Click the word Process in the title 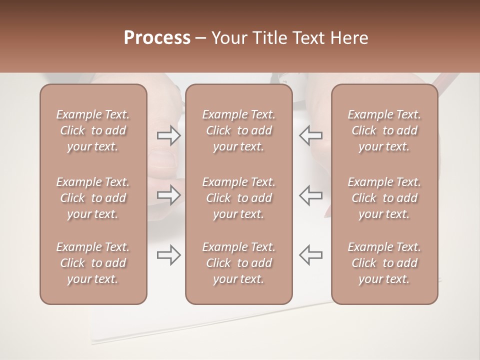[x=157, y=38]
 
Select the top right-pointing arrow [x=169, y=135]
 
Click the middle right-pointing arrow [x=169, y=195]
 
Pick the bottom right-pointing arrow [x=169, y=255]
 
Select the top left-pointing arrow [x=311, y=135]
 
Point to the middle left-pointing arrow [x=311, y=195]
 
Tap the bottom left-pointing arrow [x=311, y=255]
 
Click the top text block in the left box [x=93, y=130]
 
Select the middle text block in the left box [x=93, y=198]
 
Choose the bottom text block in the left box [x=93, y=263]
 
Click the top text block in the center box [x=238, y=130]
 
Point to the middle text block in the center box [x=238, y=198]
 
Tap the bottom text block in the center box [x=238, y=263]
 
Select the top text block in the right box [x=384, y=130]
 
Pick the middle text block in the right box [x=384, y=198]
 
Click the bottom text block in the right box [x=384, y=263]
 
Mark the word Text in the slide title [x=306, y=38]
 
